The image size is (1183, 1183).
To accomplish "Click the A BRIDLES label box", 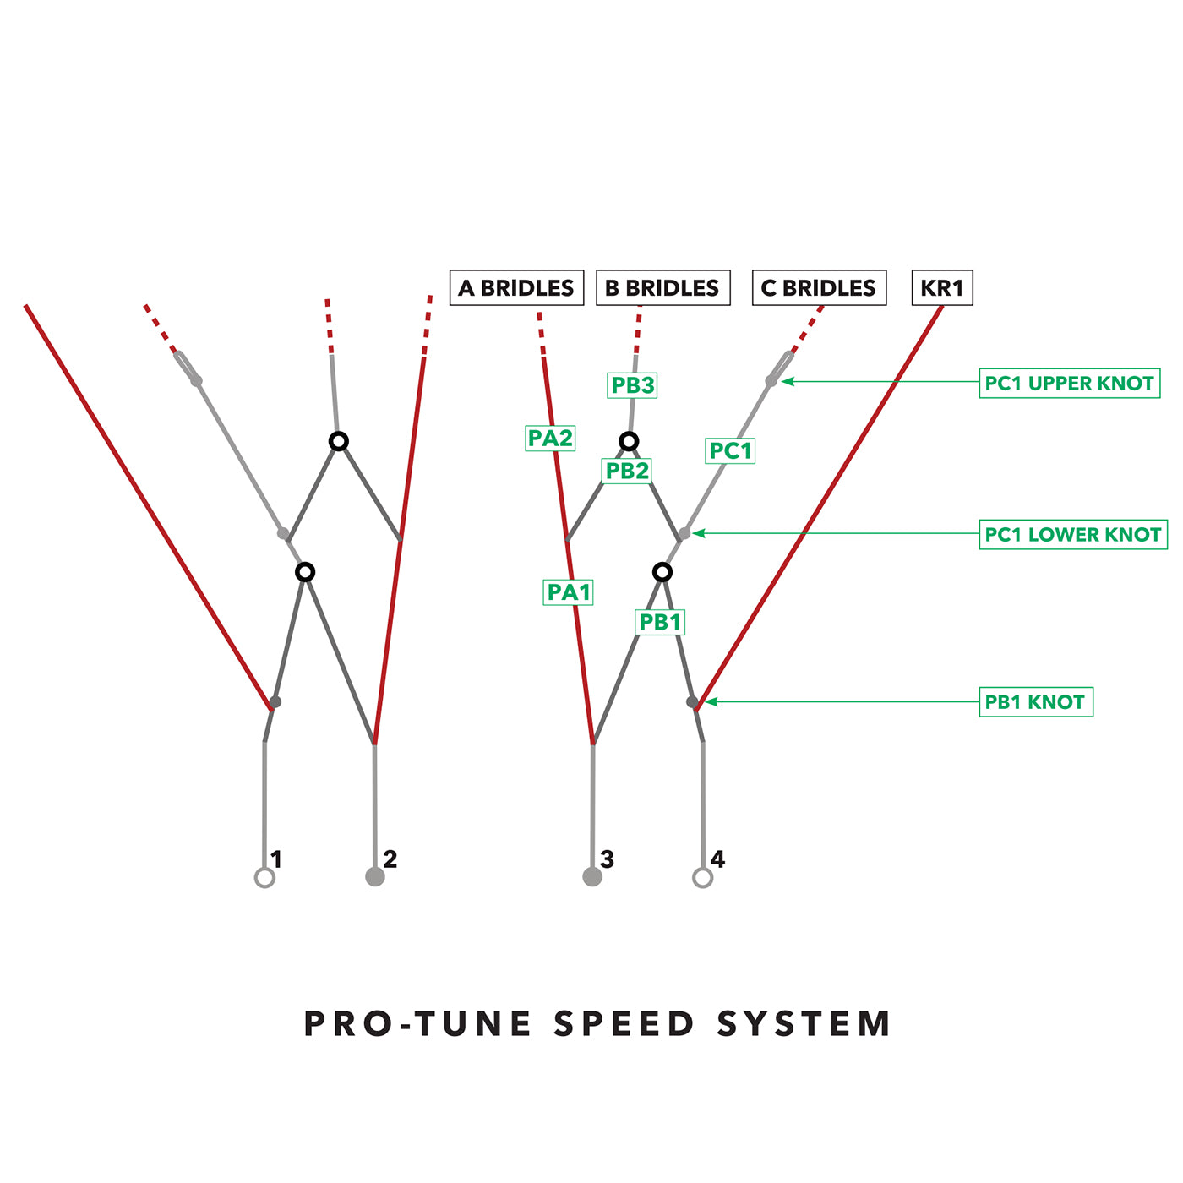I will pyautogui.click(x=516, y=288).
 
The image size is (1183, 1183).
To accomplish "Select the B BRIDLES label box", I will pyautogui.click(x=662, y=288).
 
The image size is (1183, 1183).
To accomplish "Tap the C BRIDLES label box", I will pyautogui.click(x=819, y=288).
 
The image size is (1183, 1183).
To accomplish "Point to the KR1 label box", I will pyautogui.click(x=942, y=288).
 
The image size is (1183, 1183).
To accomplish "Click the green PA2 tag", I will pyautogui.click(x=550, y=439).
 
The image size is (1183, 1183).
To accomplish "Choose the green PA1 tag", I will pyautogui.click(x=569, y=592).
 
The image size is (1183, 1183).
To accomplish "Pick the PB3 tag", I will pyautogui.click(x=633, y=385).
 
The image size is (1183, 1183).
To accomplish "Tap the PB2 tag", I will pyautogui.click(x=627, y=471).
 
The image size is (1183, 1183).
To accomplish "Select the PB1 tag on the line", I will pyautogui.click(x=660, y=623).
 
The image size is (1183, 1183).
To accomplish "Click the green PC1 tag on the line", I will pyautogui.click(x=730, y=451).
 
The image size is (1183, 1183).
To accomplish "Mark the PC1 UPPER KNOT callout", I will pyautogui.click(x=1069, y=383).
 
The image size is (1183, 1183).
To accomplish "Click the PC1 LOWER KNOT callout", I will pyautogui.click(x=1072, y=535).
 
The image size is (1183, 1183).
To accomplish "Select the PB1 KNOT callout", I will pyautogui.click(x=1035, y=702).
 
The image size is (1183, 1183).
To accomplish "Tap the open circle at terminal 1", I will pyautogui.click(x=264, y=878).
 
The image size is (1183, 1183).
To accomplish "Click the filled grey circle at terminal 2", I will pyautogui.click(x=375, y=876).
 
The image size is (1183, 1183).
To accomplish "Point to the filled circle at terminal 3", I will pyautogui.click(x=592, y=876).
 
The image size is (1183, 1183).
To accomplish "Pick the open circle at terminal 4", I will pyautogui.click(x=702, y=878).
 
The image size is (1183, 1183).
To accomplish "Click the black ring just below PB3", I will pyautogui.click(x=629, y=441).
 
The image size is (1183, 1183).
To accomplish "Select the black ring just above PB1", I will pyautogui.click(x=662, y=572).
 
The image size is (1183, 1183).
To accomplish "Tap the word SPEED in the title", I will pyautogui.click(x=624, y=1024).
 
